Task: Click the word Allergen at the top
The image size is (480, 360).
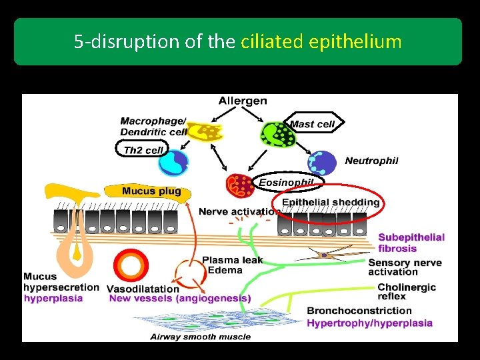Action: coord(243,101)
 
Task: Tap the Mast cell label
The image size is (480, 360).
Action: coord(312,124)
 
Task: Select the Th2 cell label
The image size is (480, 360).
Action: coord(143,150)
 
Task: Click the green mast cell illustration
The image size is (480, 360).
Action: coord(277,135)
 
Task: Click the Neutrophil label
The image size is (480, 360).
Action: coord(371,161)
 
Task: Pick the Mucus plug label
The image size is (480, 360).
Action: coord(151,191)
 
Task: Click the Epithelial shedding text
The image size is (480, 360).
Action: coord(331,202)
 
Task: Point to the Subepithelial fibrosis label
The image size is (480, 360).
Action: coord(411,243)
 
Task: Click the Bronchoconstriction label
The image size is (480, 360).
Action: coord(359,311)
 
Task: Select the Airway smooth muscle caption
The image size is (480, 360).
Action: coord(200,337)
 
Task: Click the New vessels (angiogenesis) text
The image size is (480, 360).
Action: coord(180,299)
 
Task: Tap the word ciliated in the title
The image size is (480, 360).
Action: coord(272,42)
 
